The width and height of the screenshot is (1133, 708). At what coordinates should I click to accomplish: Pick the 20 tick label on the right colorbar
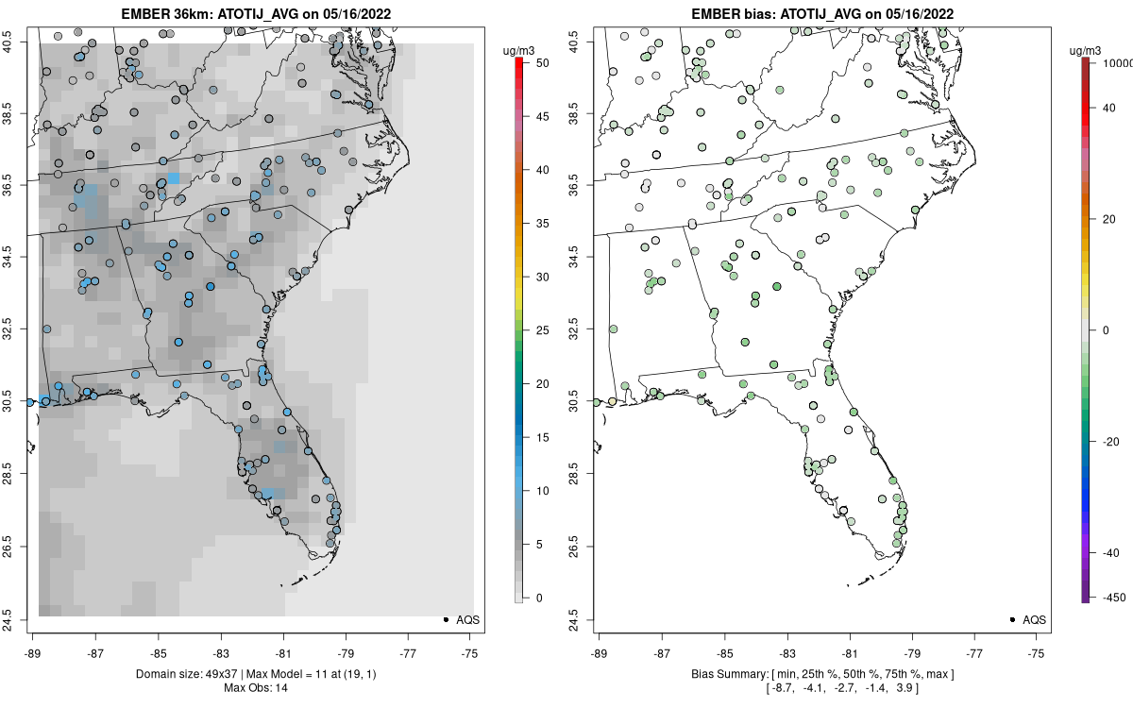1108,218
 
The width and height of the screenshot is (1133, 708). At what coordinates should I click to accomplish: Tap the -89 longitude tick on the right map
599,652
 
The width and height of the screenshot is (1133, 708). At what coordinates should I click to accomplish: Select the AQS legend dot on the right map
1011,619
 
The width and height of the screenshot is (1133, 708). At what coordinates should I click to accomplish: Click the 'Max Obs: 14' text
256,688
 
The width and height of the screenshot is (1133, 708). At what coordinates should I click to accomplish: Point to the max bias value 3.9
910,689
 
